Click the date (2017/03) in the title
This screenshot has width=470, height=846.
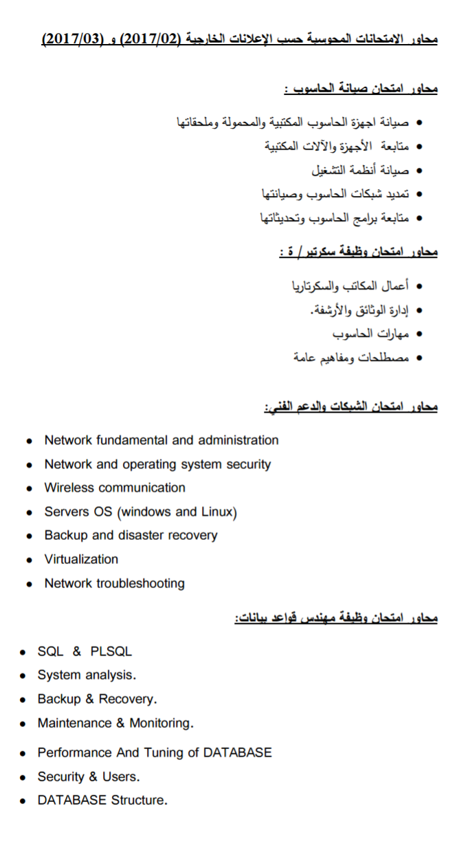tap(71, 38)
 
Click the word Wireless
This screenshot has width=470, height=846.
tap(70, 488)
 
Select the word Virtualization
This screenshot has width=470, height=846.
tap(81, 559)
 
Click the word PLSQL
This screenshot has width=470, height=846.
tap(111, 651)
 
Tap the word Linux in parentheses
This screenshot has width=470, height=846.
tap(219, 512)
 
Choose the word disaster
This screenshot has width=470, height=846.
tap(143, 535)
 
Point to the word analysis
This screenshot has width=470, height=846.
tap(111, 675)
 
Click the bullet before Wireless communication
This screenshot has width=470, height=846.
tap(29, 488)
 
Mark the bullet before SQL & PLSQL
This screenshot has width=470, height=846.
tap(23, 652)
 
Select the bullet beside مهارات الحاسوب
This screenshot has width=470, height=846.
tap(419, 334)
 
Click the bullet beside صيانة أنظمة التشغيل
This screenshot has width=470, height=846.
tap(419, 170)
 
